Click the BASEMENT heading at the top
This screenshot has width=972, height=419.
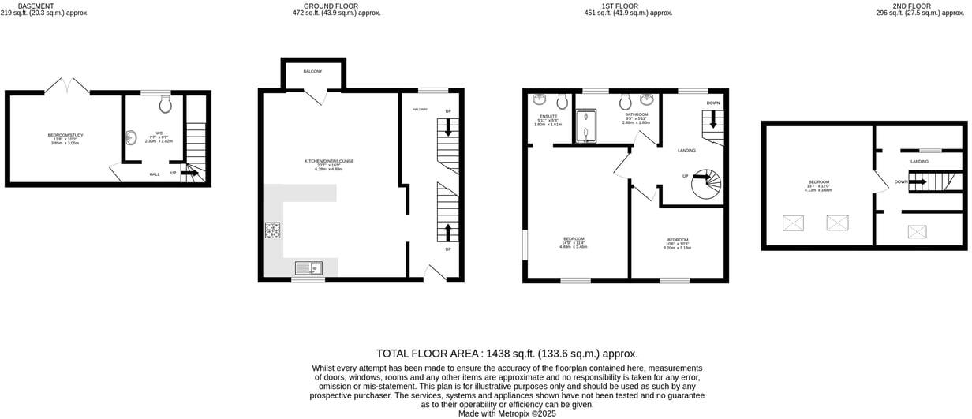click(36, 6)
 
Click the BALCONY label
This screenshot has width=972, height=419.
click(313, 72)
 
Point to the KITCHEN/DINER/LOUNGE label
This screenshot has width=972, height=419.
click(329, 161)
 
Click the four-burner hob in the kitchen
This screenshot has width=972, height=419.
click(273, 230)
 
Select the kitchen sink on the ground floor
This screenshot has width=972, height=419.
click(308, 267)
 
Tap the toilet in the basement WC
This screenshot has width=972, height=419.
click(165, 104)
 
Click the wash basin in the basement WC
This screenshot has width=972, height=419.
click(130, 139)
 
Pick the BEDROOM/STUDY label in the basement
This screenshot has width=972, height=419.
click(65, 135)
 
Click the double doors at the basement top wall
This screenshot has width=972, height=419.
click(67, 85)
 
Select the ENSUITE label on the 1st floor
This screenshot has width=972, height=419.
click(548, 116)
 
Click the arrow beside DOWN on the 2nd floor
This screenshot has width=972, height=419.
click(918, 181)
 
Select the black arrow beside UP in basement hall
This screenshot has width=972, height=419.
click(189, 172)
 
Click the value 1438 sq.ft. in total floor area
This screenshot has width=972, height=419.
click(514, 354)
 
